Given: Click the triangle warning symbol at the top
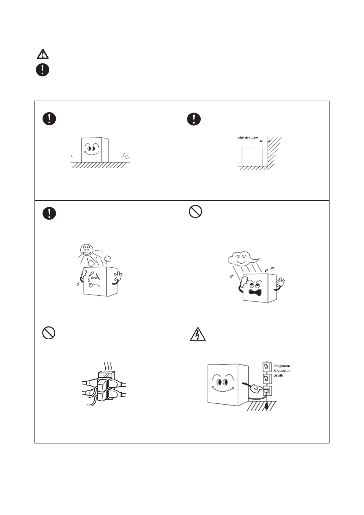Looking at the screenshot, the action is tap(43, 54).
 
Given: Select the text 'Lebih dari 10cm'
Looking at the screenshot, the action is tap(248, 138).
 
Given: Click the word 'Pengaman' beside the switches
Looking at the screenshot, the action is tap(282, 366).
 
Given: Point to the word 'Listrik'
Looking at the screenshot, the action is tap(278, 375).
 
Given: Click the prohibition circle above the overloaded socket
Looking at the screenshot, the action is tap(49, 333).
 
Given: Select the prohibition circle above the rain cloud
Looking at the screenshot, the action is tap(195, 211).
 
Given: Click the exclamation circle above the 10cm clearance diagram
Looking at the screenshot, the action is tap(194, 119).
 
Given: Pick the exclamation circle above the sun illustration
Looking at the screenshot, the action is tap(49, 213).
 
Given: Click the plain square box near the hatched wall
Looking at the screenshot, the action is tap(252, 157).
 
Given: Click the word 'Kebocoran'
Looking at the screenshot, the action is tap(282, 371).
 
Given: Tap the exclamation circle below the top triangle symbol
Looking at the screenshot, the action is tap(42, 70).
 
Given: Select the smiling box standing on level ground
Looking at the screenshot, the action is tap(95, 150).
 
